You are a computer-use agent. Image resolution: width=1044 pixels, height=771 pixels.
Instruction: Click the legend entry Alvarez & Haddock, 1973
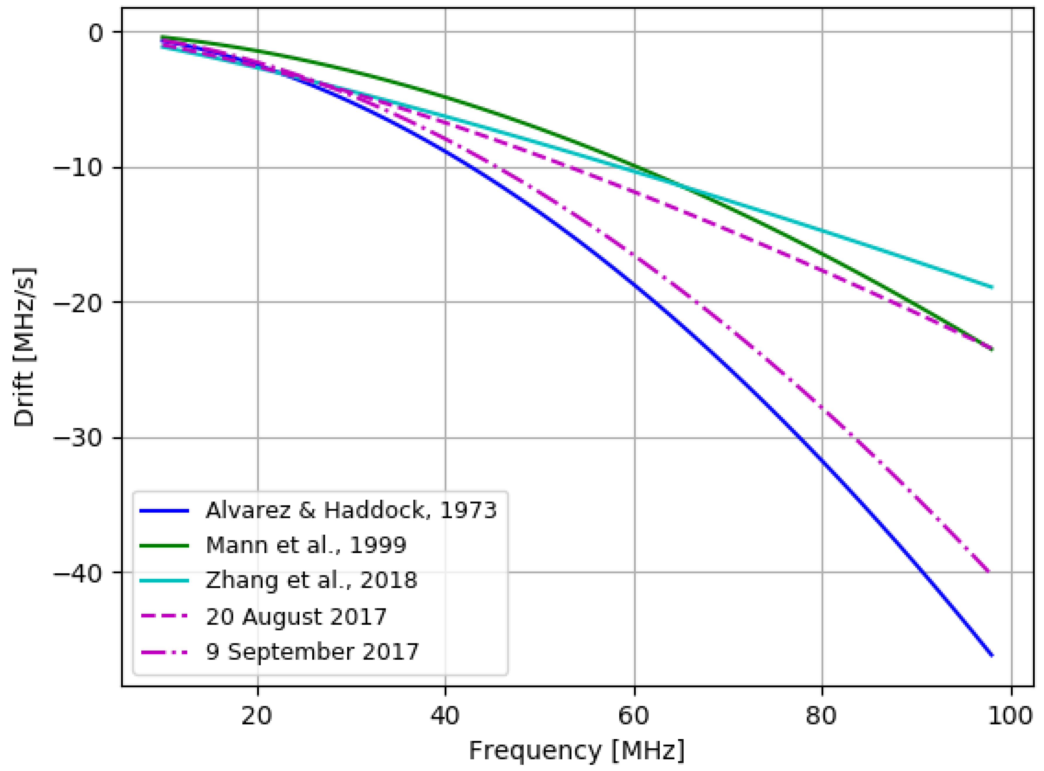point(351,511)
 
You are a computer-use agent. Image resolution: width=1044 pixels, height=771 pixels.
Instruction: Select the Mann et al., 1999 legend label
point(306,545)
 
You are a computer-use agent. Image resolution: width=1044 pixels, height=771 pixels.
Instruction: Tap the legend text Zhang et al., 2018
point(311,580)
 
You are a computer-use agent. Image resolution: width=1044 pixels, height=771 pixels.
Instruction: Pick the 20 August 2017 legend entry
point(296,617)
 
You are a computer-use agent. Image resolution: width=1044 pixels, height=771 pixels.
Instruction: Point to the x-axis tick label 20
point(257,715)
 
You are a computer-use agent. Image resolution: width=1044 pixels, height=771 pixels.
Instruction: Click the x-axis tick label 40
point(445,715)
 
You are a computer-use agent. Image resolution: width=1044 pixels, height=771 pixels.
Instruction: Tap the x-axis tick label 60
point(634,715)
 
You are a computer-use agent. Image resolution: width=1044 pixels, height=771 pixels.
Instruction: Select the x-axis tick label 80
point(821,715)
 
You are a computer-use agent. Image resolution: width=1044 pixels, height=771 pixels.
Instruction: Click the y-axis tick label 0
point(96,33)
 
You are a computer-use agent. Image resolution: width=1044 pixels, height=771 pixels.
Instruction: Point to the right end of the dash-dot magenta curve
point(988,572)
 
